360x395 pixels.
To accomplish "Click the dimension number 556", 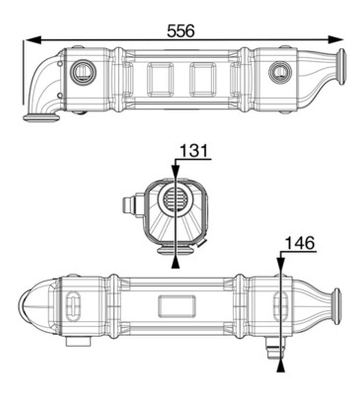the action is (x=180, y=31).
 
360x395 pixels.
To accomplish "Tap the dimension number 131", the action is (x=194, y=151).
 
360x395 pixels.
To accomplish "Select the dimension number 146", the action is (x=299, y=243).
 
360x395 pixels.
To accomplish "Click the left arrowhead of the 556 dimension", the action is (x=33, y=40).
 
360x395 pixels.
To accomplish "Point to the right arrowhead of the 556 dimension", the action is (x=336, y=39).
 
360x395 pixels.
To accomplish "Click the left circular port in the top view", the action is (x=83, y=72).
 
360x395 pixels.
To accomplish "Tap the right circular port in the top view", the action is (x=280, y=72).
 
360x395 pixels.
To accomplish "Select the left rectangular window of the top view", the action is (x=160, y=79).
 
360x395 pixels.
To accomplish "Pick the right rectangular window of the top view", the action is (x=203, y=79).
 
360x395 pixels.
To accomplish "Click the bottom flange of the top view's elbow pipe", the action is (x=41, y=118).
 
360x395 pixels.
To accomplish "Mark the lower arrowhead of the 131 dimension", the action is (x=176, y=263).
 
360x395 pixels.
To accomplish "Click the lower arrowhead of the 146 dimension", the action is (x=281, y=366).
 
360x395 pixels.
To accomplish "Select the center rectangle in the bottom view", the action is (x=177, y=306).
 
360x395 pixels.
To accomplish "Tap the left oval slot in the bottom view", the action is (x=73, y=306).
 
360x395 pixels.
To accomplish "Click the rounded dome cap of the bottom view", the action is (x=38, y=306).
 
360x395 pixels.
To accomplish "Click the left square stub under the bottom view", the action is (x=78, y=341).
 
